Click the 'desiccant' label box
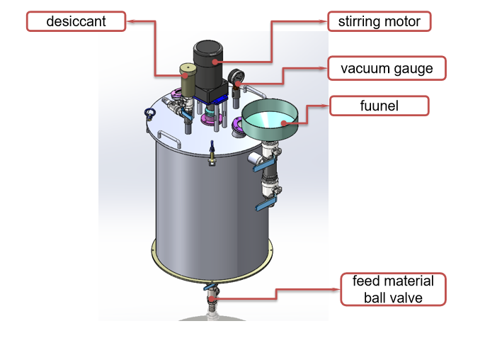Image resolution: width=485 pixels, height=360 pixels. [76, 21]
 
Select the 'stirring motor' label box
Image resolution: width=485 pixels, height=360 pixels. [380, 21]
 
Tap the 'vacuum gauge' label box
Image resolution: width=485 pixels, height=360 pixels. [387, 69]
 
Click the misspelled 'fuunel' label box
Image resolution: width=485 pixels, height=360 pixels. [380, 106]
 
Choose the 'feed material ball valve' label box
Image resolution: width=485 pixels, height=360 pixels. [393, 289]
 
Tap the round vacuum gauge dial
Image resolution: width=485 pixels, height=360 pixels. [235, 77]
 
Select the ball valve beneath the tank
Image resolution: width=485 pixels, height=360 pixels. [212, 298]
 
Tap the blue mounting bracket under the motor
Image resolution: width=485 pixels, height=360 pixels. [221, 95]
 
